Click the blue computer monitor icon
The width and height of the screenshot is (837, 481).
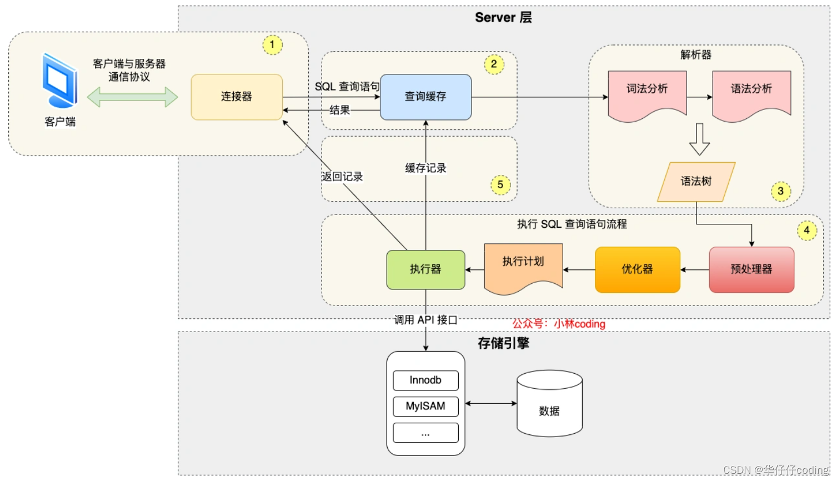tap(59, 81)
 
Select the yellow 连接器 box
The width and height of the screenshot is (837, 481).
tap(237, 97)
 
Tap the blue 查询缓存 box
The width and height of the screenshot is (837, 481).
tap(425, 97)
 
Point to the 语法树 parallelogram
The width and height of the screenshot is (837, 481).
tap(696, 182)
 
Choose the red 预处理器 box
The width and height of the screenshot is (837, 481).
tap(751, 269)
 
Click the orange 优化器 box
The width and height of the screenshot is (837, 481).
tap(637, 269)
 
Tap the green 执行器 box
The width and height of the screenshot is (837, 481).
tap(425, 269)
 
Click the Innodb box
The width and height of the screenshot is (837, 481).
tap(425, 380)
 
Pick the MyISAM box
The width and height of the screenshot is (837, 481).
tap(425, 406)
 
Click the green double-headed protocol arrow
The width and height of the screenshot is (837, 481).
tap(132, 97)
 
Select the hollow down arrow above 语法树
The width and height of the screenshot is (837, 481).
tap(699, 139)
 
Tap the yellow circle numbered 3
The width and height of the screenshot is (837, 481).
tap(780, 192)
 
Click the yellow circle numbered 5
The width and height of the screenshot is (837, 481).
tap(500, 185)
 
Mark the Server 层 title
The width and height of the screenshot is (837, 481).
tap(503, 18)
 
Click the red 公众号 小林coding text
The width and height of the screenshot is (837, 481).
tap(559, 324)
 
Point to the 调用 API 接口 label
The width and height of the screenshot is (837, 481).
tap(425, 320)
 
